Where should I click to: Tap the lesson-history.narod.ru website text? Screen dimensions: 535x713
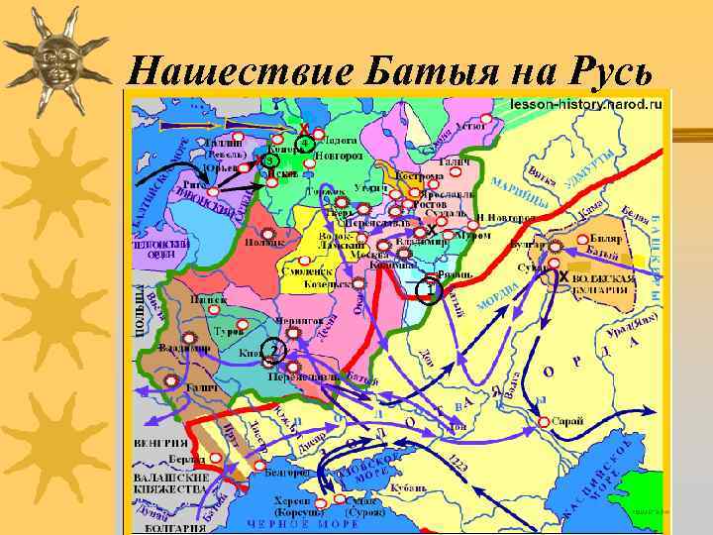(x=585, y=104)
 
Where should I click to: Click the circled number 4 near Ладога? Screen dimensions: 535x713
(x=306, y=145)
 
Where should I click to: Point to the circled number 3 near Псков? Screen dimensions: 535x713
(x=270, y=160)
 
